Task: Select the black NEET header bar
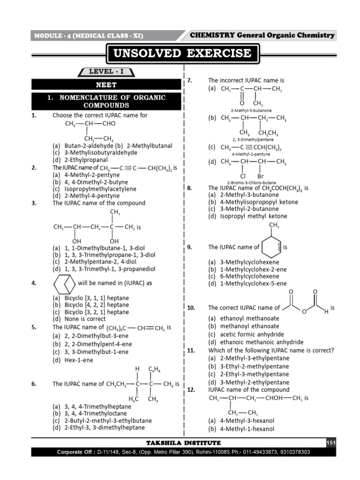coord(106,85)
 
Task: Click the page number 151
coord(331,443)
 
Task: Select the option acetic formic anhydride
coord(252,334)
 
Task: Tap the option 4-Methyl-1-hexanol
coord(247,428)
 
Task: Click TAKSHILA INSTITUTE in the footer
coord(183,443)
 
